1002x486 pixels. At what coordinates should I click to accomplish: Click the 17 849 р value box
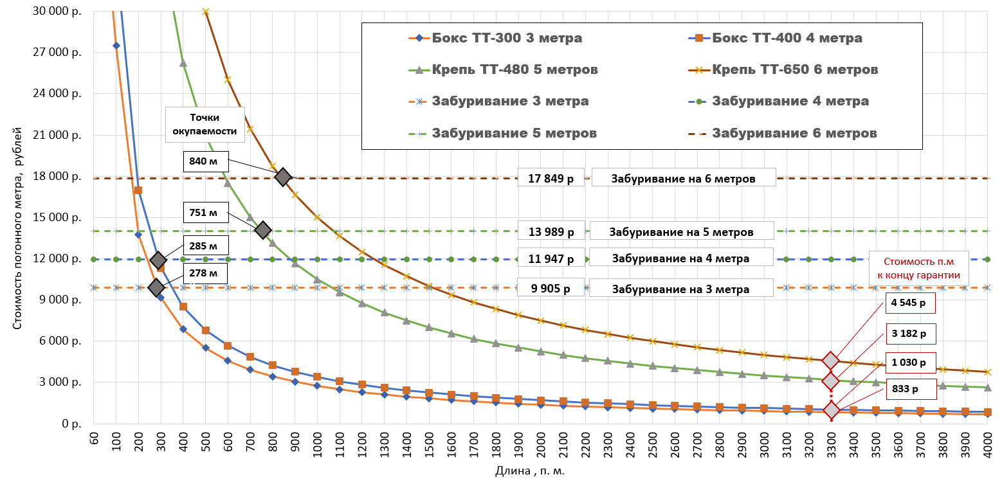tap(551, 178)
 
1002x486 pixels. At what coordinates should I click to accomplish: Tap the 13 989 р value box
tap(551, 231)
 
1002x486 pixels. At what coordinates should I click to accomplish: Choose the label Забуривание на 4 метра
tap(680, 258)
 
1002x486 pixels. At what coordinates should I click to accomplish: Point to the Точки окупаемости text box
tap(205, 125)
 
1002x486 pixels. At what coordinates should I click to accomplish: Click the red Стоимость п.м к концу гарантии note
tap(918, 269)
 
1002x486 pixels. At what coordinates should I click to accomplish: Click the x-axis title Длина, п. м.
tap(530, 471)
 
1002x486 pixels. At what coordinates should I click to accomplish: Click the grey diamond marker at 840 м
tap(282, 177)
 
